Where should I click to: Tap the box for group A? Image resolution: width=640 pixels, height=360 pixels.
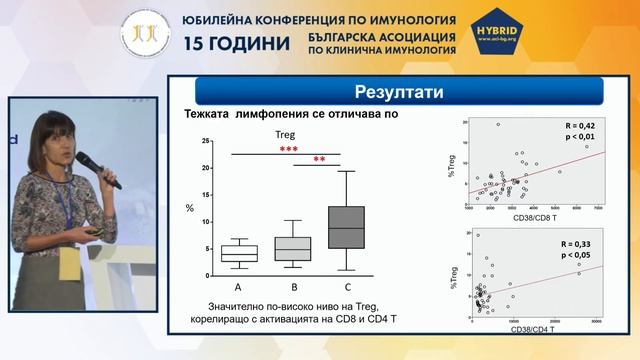[240, 253]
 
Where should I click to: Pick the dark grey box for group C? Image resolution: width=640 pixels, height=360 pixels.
[346, 227]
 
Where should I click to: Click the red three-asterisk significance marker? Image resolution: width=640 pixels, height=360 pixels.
[288, 149]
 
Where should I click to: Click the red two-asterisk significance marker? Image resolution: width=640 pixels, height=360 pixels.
[319, 160]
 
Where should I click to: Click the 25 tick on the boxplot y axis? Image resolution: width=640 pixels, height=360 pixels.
[205, 141]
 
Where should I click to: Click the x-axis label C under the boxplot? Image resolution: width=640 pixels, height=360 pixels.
[346, 288]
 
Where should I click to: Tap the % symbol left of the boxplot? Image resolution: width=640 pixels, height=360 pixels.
[190, 208]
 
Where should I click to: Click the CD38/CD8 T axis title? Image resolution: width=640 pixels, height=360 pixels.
[536, 217]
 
